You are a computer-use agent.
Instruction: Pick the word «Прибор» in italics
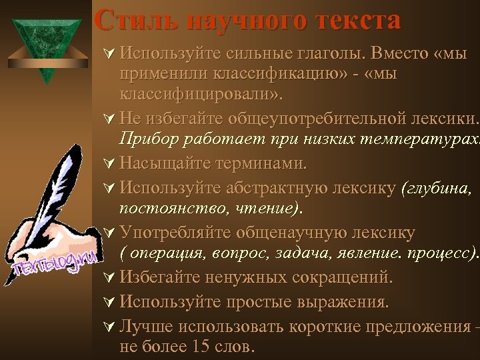click(x=148, y=139)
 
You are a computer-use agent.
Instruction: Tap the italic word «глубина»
click(x=435, y=189)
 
